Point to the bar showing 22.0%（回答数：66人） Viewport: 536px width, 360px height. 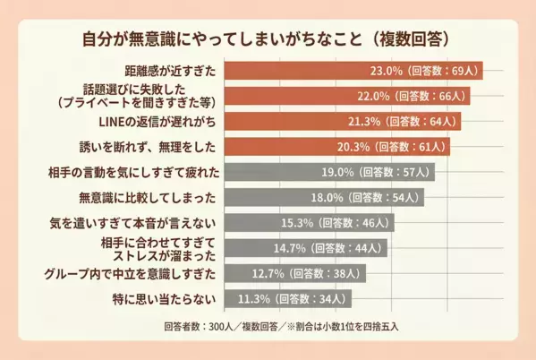coord(286,95)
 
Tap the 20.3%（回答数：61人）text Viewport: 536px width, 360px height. coord(400,145)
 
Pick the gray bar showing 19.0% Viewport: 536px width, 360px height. coord(268,171)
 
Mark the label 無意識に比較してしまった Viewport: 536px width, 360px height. coord(149,196)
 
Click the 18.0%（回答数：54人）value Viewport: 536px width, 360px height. coord(375,196)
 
